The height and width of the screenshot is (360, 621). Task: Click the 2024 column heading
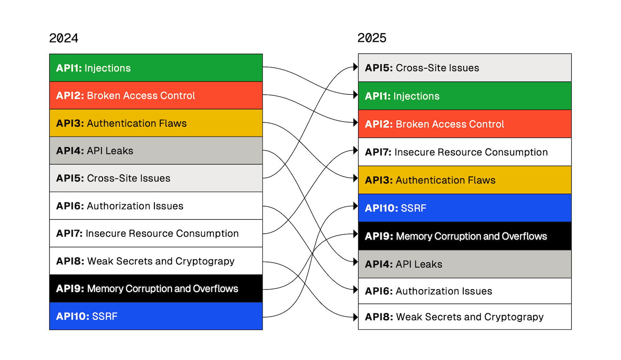tap(63, 38)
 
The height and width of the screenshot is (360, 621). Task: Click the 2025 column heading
tap(372, 38)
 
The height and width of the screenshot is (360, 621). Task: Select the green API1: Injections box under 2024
tap(156, 68)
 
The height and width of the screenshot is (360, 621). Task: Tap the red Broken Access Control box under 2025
tap(465, 124)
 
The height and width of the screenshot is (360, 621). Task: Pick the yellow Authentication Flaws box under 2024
tap(156, 123)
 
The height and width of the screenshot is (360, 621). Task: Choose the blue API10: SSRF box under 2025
tap(465, 208)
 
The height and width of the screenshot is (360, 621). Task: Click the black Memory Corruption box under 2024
tap(156, 288)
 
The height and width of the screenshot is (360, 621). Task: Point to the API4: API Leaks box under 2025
tap(465, 264)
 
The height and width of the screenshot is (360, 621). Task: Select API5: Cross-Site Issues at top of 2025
tap(465, 68)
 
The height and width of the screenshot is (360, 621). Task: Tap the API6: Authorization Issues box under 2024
tap(156, 206)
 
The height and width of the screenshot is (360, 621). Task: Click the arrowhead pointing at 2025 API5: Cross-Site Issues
tap(355, 67)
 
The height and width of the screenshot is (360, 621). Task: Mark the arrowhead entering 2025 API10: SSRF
tap(355, 206)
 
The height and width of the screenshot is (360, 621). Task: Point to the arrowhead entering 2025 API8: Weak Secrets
tap(355, 317)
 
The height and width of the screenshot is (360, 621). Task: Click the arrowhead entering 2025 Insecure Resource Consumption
tap(355, 150)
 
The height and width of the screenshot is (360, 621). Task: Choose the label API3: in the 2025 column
tap(378, 180)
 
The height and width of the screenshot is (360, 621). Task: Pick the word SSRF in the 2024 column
tap(105, 317)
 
